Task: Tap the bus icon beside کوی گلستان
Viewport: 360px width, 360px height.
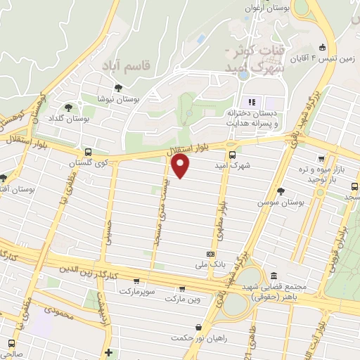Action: pos(88,152)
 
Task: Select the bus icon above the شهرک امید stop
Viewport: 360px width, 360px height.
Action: pos(232,155)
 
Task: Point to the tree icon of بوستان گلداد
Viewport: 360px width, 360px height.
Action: pos(68,108)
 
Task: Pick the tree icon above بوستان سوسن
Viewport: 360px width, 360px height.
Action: pos(281,191)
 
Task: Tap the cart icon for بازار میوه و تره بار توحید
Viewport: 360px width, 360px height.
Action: pos(321,159)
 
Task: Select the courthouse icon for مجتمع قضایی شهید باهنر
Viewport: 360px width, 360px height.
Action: pos(274,276)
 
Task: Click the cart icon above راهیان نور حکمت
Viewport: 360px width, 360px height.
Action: pos(200,327)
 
